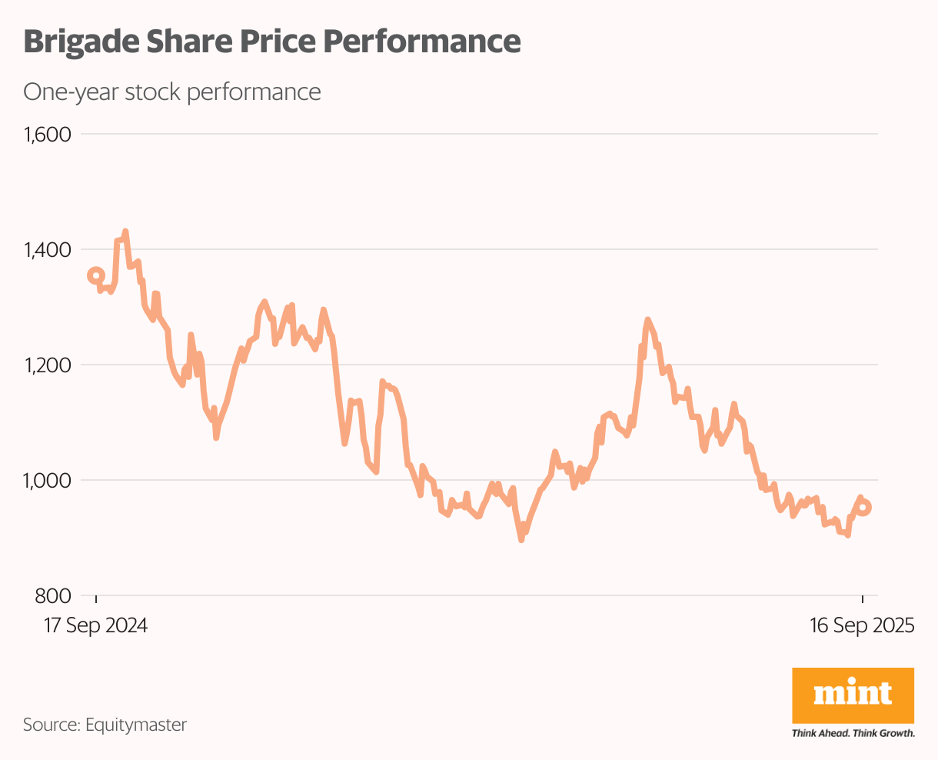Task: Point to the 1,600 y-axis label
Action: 47,135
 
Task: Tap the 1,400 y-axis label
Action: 47,250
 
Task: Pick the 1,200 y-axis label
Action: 47,365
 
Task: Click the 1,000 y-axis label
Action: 47,481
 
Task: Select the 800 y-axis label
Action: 53,596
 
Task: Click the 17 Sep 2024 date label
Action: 95,625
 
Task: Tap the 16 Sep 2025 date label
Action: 862,625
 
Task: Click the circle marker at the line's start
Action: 95,275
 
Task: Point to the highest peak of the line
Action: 125,232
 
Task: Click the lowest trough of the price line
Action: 521,540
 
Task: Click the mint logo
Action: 853,695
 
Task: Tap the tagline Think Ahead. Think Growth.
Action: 853,733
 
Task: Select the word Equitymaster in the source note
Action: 136,724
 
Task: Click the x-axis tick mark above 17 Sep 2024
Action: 96,600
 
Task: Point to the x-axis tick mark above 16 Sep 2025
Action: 862,600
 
